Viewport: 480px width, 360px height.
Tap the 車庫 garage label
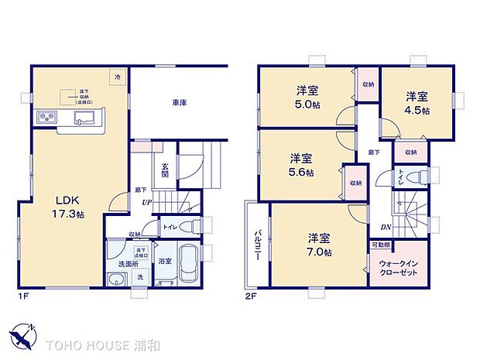point(179,101)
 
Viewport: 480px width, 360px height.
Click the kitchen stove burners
point(44,118)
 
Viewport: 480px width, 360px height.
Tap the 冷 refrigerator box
point(118,76)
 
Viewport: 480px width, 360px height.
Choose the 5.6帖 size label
point(301,172)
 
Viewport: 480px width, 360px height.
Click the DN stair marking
point(385,227)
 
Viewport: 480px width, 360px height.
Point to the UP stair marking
point(146,203)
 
